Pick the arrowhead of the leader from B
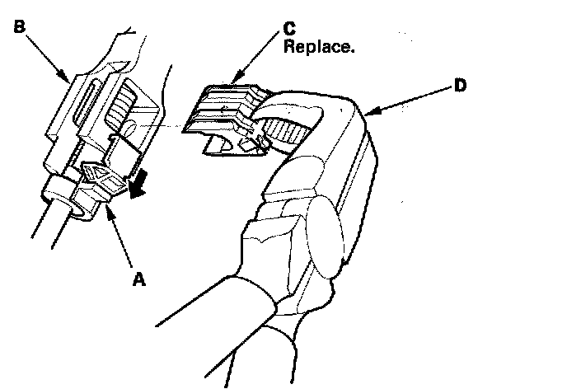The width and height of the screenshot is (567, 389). (x=68, y=79)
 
